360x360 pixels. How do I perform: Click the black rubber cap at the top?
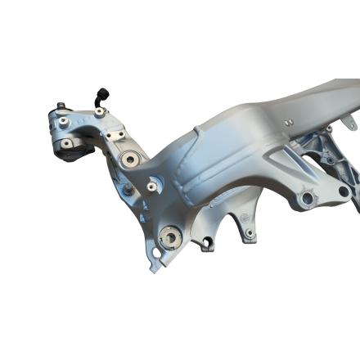click(102, 93)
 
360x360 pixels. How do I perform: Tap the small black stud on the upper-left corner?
click(61, 105)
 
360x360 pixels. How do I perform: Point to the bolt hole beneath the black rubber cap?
click(99, 112)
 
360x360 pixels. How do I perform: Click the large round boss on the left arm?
click(128, 160)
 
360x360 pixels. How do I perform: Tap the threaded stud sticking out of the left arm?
click(128, 191)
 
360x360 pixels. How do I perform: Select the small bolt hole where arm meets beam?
click(151, 186)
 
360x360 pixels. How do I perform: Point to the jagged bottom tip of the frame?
click(153, 265)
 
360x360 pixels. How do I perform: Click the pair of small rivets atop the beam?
click(289, 122)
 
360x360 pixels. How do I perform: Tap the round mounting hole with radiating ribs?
click(308, 197)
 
